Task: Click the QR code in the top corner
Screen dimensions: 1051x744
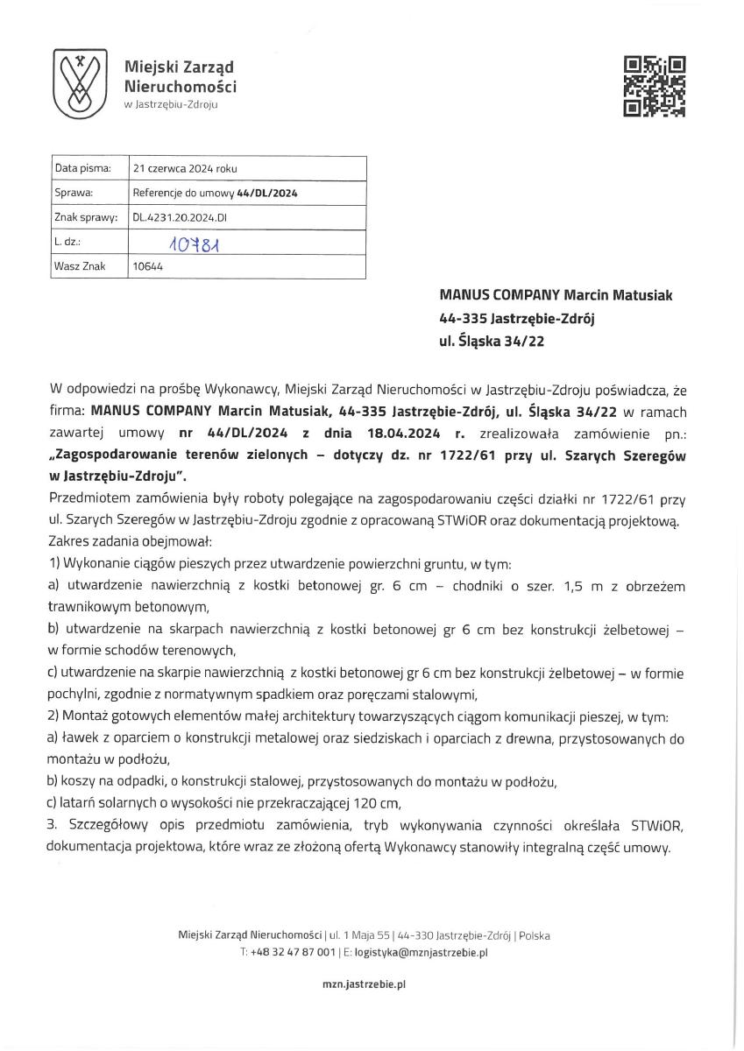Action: pyautogui.click(x=654, y=86)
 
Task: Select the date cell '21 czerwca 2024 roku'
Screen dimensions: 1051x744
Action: pyautogui.click(x=184, y=168)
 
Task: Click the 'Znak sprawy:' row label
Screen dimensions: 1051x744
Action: pyautogui.click(x=86, y=217)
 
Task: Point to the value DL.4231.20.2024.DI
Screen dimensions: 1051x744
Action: pyautogui.click(x=180, y=217)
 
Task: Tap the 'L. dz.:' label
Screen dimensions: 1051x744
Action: pyautogui.click(x=68, y=242)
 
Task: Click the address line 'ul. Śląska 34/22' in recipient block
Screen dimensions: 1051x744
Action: pyautogui.click(x=492, y=342)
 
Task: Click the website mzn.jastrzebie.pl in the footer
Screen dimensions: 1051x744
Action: pyautogui.click(x=364, y=984)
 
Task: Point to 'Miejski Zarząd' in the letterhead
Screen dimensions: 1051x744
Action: pyautogui.click(x=179, y=67)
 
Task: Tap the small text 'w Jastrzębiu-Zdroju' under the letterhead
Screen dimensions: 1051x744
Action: pyautogui.click(x=171, y=104)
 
